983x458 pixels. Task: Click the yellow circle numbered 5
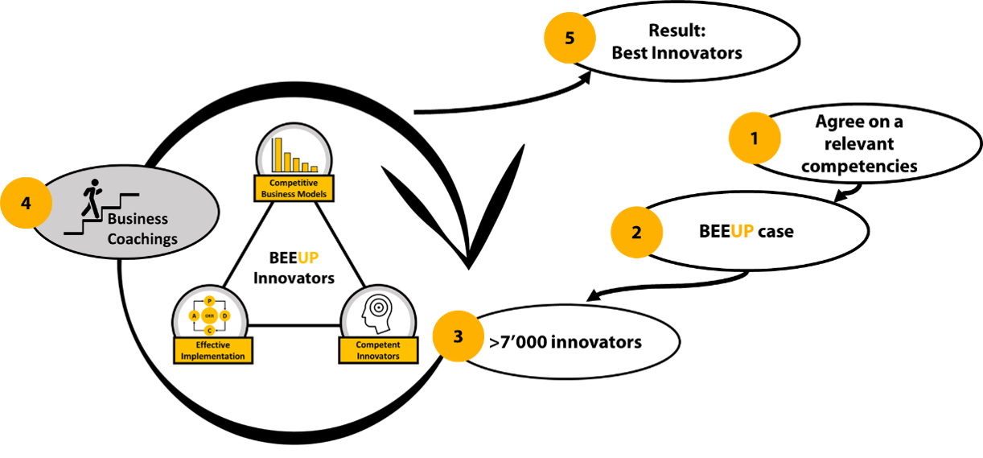570,38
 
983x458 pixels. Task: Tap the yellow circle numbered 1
754,138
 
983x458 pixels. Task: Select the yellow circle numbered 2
636,233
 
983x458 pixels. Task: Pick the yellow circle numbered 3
458,336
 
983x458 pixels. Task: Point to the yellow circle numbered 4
26,203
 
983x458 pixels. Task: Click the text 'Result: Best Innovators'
677,42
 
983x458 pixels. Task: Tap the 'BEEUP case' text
746,232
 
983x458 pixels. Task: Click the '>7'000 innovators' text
566,342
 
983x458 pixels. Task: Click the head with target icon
377,315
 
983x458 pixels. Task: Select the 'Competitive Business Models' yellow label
294,188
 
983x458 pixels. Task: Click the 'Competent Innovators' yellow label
378,350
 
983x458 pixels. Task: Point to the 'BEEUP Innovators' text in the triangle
294,269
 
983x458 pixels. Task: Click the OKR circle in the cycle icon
209,316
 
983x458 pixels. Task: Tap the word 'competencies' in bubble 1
859,166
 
